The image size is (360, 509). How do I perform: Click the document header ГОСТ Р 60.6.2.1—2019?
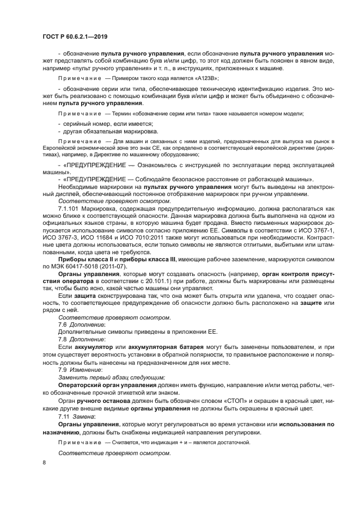point(75,35)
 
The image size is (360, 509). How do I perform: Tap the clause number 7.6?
point(63,324)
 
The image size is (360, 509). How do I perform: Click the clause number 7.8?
point(63,339)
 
